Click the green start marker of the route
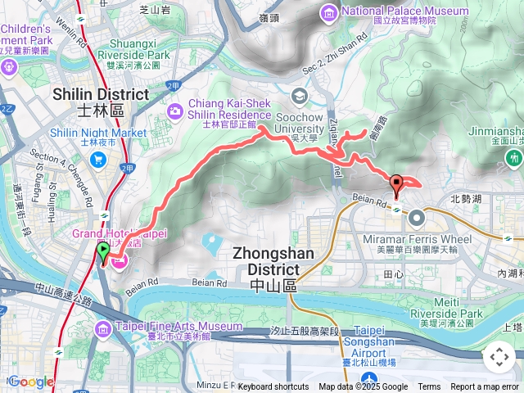click(x=103, y=253)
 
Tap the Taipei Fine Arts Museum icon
click(x=103, y=328)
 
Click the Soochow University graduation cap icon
click(x=300, y=97)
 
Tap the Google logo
click(x=30, y=382)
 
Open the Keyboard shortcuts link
click(x=273, y=387)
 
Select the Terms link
click(x=429, y=387)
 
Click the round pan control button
click(x=498, y=357)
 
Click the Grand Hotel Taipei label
click(x=120, y=234)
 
